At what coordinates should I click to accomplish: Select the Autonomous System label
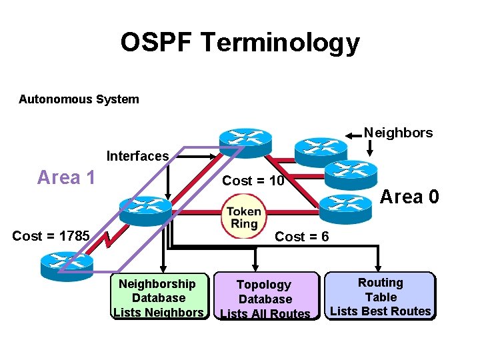pos(79,99)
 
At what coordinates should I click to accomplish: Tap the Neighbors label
pos(398,133)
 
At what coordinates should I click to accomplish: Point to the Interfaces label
pos(137,156)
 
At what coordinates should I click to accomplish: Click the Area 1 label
pos(66,177)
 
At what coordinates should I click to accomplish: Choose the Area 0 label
pos(409,197)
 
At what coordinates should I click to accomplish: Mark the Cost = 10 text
pos(253,181)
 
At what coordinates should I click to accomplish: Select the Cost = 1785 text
pos(51,235)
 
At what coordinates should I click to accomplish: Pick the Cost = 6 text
pos(301,237)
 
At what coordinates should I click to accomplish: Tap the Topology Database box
pos(265,299)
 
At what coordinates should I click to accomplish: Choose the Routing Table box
pos(380,297)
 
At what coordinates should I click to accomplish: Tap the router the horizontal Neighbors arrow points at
pos(321,151)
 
